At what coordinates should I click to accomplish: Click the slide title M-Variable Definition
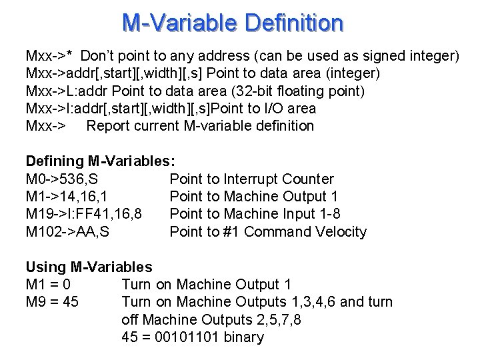coord(233,23)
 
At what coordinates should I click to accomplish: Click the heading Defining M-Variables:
coord(101,161)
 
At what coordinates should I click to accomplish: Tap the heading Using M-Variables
coord(89,267)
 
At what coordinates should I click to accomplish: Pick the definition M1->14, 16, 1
coord(68,197)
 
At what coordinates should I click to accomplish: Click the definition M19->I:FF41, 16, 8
coord(83,214)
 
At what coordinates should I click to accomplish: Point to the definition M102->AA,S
coord(67,232)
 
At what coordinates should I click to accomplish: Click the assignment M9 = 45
coord(52,302)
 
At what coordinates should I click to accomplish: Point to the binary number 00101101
coord(187,337)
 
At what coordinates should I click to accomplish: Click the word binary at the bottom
coord(244,337)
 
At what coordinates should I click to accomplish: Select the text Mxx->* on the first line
coord(49,55)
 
